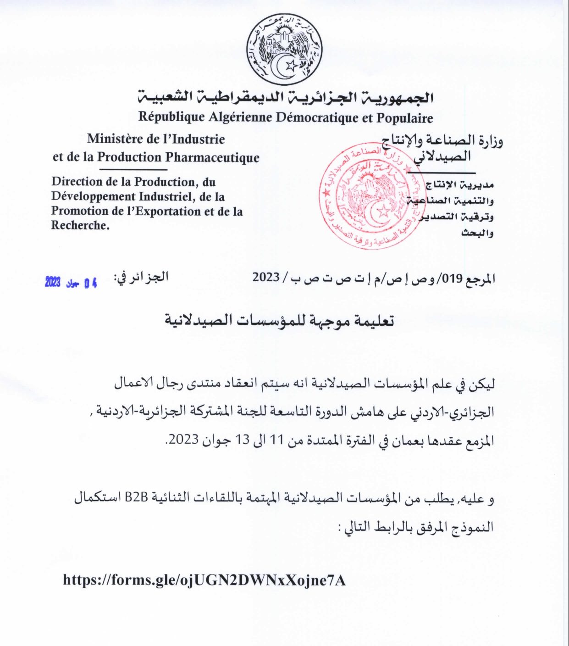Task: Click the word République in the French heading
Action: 171,117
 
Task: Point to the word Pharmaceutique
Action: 212,157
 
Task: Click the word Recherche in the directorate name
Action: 79,225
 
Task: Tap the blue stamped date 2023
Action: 53,282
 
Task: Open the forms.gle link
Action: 204,580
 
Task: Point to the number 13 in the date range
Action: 243,440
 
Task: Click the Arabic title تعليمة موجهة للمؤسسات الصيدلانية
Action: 279,321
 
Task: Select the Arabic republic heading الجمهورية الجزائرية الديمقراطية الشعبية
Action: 286,98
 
